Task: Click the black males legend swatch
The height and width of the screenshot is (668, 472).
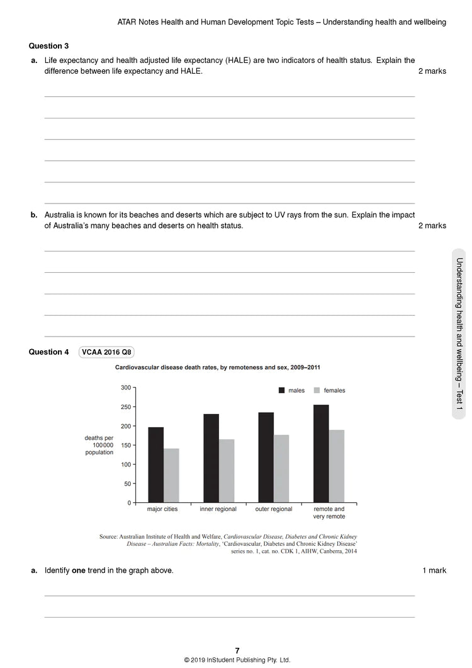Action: click(282, 391)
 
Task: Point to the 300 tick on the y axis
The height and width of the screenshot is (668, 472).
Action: click(126, 388)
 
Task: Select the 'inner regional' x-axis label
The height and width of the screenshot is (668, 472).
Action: click(218, 509)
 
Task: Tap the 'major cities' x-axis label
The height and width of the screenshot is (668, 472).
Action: click(162, 509)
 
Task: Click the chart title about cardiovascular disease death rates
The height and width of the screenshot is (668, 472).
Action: click(218, 367)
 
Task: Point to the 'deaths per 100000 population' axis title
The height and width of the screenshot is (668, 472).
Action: click(99, 445)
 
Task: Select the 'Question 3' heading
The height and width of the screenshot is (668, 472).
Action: click(49, 46)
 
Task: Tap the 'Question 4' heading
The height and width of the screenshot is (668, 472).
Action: click(49, 352)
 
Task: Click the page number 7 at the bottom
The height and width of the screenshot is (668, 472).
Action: click(237, 650)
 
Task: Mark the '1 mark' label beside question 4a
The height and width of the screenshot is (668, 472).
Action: click(434, 571)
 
